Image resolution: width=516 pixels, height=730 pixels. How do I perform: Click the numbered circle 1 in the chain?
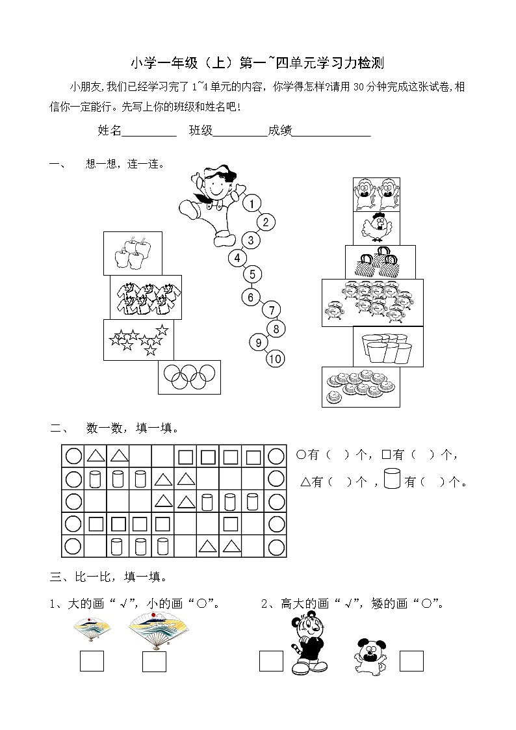pyautogui.click(x=252, y=204)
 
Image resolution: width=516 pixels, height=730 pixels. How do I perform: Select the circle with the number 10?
pyautogui.click(x=275, y=358)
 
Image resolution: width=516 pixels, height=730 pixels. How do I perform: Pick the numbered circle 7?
pyautogui.click(x=272, y=310)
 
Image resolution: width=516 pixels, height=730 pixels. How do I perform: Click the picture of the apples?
pyautogui.click(x=133, y=253)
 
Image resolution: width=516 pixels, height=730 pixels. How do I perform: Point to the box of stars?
pyautogui.click(x=138, y=340)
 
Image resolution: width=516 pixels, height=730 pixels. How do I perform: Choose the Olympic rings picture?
pyautogui.click(x=189, y=376)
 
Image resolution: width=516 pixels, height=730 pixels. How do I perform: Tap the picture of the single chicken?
pyautogui.click(x=376, y=228)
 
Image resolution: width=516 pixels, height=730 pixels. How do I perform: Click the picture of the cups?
pyautogui.click(x=388, y=346)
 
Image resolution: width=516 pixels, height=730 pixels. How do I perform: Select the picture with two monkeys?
pyautogui.click(x=376, y=194)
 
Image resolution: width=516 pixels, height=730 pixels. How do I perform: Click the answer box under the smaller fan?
pyautogui.click(x=92, y=660)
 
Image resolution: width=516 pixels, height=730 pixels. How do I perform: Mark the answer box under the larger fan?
pyautogui.click(x=154, y=660)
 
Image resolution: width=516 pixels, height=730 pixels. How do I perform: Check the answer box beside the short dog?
pyautogui.click(x=411, y=660)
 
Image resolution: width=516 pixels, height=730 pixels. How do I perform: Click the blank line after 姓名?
pyautogui.click(x=149, y=131)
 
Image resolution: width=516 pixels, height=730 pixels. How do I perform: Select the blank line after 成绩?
pyautogui.click(x=331, y=131)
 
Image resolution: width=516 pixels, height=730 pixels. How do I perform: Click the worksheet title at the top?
pyautogui.click(x=258, y=63)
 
